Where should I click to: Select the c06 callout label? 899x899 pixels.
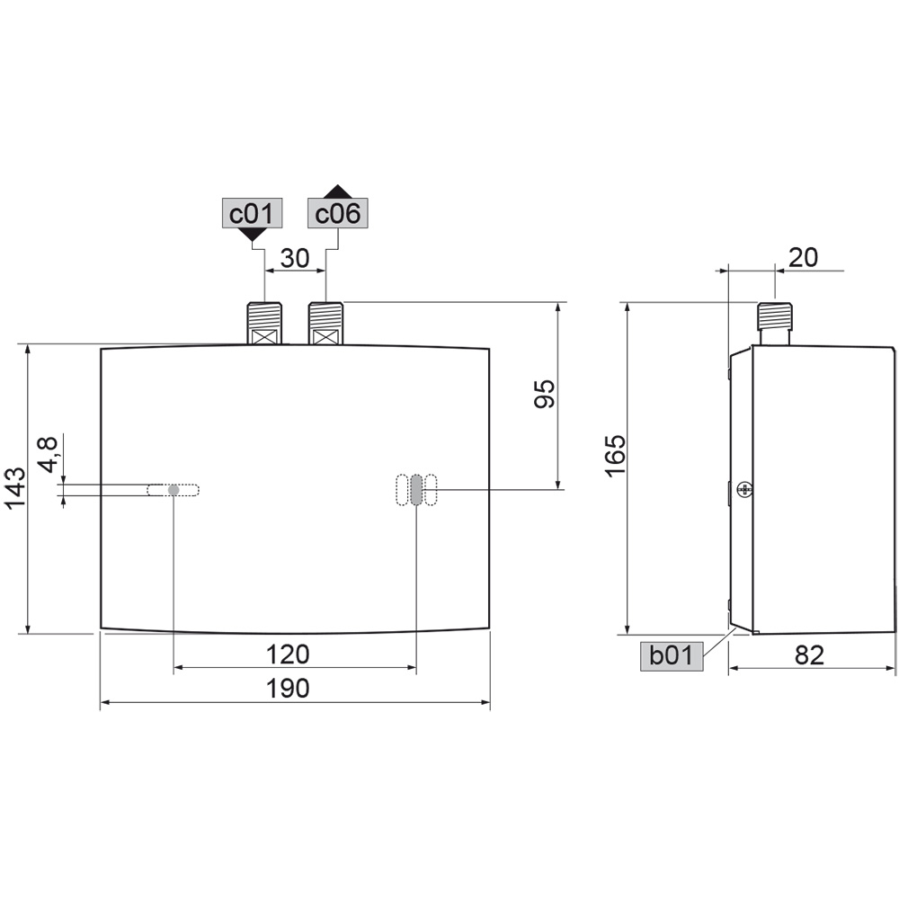tap(338, 214)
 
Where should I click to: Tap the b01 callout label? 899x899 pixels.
tap(672, 656)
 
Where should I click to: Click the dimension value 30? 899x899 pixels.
tap(295, 259)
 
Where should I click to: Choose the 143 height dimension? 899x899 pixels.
tap(15, 488)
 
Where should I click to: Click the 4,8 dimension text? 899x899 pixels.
tap(49, 454)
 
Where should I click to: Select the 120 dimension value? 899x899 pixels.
tap(288, 654)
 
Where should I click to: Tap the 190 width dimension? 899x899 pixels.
tap(288, 689)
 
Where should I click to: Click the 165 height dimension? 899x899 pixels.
tap(614, 456)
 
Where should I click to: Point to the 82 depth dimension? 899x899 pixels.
tap(809, 655)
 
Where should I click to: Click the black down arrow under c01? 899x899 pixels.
tap(253, 235)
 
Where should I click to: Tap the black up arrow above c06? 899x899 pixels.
tap(338, 191)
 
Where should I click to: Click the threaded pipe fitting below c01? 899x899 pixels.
tap(264, 323)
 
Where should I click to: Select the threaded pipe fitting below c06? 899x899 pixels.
tap(325, 323)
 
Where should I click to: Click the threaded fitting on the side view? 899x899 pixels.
tap(774, 322)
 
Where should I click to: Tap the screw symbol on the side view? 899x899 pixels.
tap(743, 489)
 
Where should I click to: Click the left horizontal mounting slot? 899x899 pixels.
tap(174, 490)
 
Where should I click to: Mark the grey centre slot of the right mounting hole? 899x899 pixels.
tap(416, 490)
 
